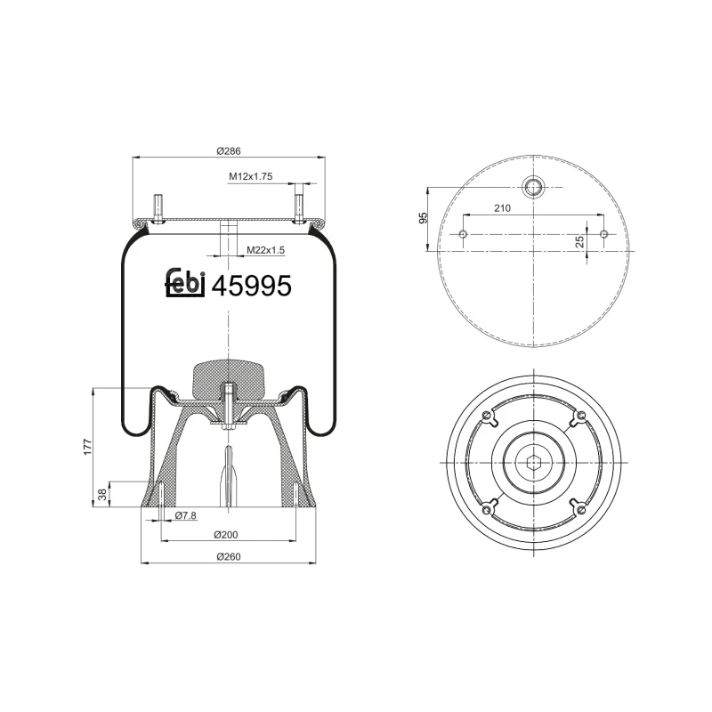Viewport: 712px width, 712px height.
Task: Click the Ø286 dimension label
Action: pos(229,150)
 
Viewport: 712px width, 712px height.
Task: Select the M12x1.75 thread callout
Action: pos(249,177)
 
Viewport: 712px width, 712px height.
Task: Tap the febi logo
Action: pos(186,284)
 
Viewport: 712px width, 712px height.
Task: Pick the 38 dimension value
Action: pos(101,494)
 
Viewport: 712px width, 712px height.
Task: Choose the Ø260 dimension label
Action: pos(229,557)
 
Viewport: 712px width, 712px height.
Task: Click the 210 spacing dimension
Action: pos(501,208)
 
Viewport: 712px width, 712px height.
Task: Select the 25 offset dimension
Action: pos(579,241)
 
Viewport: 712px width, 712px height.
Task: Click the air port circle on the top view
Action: pos(533,187)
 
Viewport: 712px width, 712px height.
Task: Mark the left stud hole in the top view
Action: pos(463,234)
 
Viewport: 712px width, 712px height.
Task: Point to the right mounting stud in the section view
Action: pos(299,205)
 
